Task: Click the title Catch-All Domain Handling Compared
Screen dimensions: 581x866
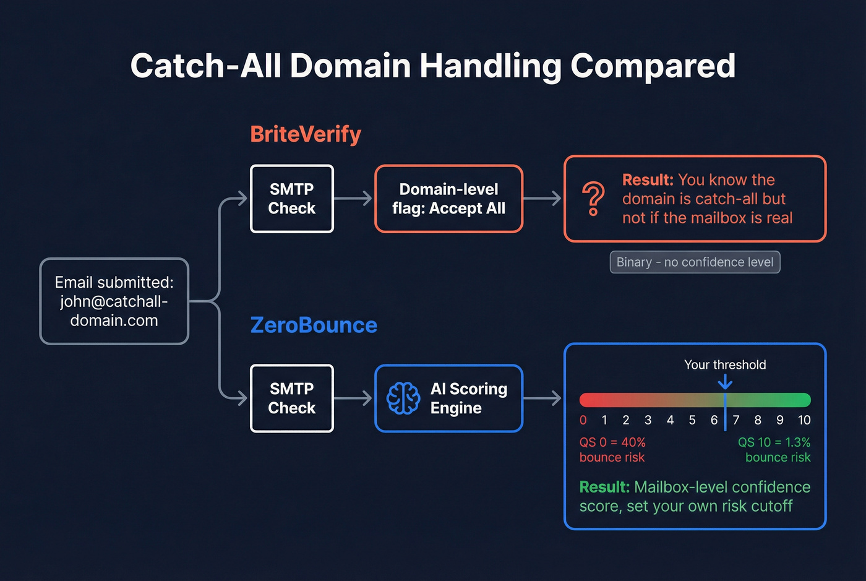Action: tap(433, 66)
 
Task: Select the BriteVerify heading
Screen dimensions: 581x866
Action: tap(306, 134)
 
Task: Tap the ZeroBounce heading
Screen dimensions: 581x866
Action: tap(314, 325)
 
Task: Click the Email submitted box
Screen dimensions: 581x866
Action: tap(114, 301)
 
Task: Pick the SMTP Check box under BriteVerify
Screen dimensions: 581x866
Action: tap(292, 199)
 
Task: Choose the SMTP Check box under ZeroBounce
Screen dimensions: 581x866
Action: tap(292, 398)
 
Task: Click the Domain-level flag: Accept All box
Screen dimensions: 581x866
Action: tap(448, 199)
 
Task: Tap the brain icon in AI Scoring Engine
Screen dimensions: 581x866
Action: tap(403, 398)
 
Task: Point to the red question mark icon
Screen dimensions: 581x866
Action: tap(593, 199)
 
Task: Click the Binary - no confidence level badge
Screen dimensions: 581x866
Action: tap(695, 262)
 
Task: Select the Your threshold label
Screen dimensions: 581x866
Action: tap(725, 365)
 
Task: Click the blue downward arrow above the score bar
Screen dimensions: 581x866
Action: tap(725, 382)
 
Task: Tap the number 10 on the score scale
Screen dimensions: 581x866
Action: tap(804, 420)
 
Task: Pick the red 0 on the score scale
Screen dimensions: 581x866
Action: tap(583, 420)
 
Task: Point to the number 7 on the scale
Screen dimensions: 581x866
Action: tap(736, 420)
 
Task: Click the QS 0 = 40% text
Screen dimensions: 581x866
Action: tap(612, 442)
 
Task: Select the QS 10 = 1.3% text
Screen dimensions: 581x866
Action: tap(774, 442)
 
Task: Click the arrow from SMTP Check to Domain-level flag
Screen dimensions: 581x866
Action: tap(354, 199)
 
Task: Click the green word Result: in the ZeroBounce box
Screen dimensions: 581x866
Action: tap(604, 487)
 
